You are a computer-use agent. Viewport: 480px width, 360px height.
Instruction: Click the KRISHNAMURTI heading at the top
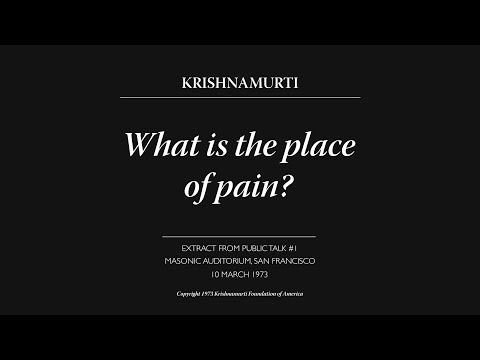pyautogui.click(x=240, y=81)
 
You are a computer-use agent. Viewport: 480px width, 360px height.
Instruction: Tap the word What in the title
pyautogui.click(x=157, y=145)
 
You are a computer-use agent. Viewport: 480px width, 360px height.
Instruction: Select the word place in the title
pyautogui.click(x=322, y=145)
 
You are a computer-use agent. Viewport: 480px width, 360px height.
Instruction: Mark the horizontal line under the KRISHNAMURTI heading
pyautogui.click(x=240, y=97)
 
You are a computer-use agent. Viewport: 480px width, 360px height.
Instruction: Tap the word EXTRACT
pyautogui.click(x=189, y=247)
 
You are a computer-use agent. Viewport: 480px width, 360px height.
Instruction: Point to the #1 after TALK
pyautogui.click(x=304, y=247)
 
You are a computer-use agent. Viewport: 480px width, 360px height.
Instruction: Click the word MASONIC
pyautogui.click(x=185, y=260)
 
